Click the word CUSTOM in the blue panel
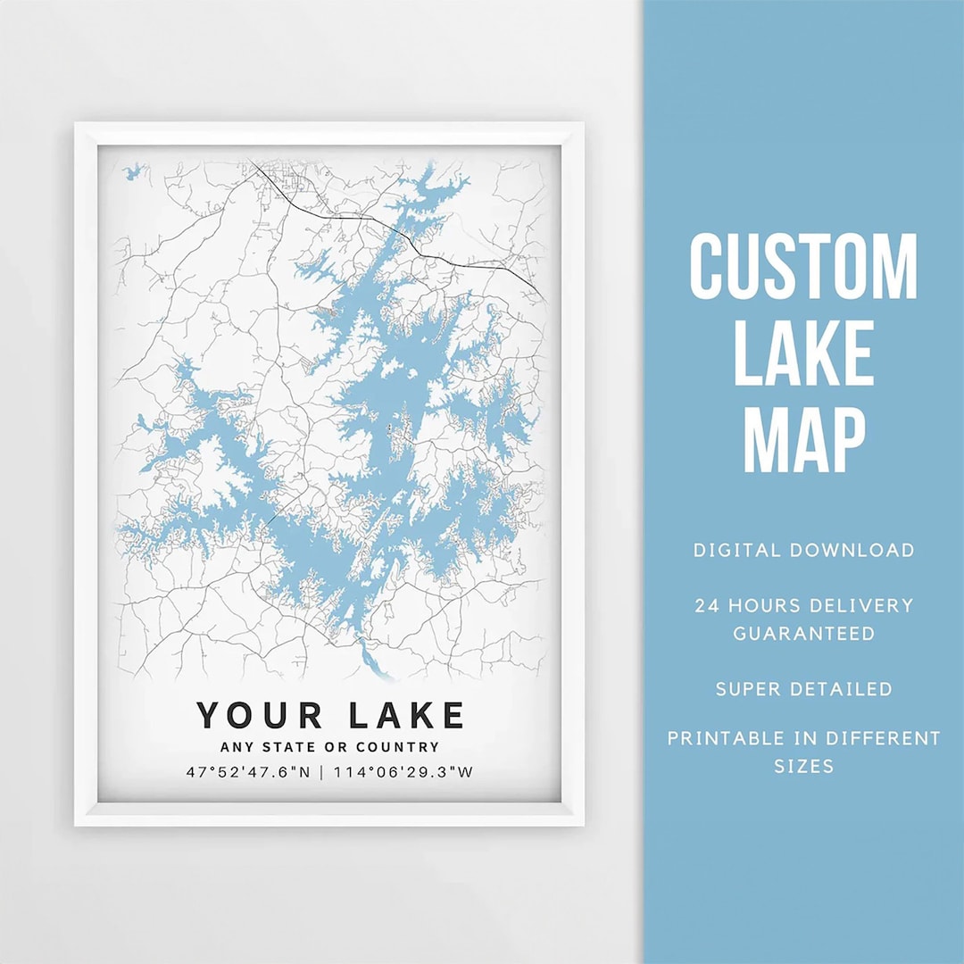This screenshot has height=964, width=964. (x=803, y=267)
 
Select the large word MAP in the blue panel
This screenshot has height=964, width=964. (x=803, y=439)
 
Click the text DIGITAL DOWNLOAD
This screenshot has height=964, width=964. (x=803, y=550)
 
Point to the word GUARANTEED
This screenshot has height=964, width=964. (x=803, y=634)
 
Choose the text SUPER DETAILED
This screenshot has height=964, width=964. (x=803, y=689)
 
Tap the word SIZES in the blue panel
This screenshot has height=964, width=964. (x=803, y=766)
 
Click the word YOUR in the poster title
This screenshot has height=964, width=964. (x=260, y=715)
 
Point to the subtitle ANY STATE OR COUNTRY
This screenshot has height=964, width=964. (x=330, y=747)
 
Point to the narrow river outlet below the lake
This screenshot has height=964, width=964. (x=371, y=659)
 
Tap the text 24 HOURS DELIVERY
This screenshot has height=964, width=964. (x=803, y=606)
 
